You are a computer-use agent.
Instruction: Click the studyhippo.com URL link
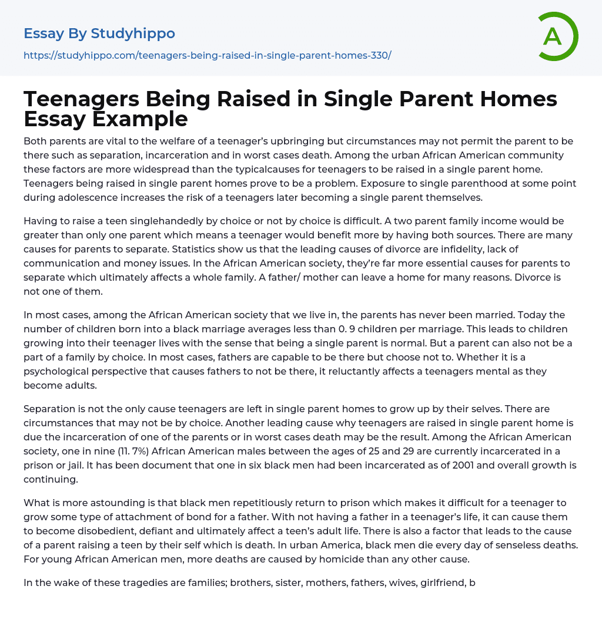coord(208,56)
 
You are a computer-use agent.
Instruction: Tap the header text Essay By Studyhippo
coord(99,33)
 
